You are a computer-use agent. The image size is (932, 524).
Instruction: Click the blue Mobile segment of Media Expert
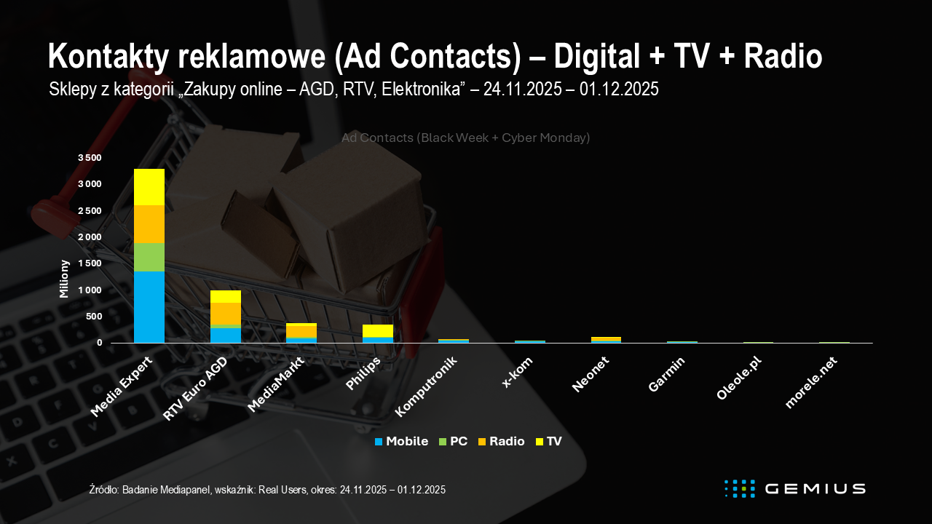click(x=149, y=306)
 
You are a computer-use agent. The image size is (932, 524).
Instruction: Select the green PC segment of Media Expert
click(x=149, y=257)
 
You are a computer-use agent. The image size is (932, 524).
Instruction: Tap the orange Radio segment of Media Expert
click(x=149, y=224)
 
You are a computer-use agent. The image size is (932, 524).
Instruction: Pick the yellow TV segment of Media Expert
click(x=149, y=187)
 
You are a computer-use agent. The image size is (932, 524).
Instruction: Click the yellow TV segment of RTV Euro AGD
click(x=226, y=296)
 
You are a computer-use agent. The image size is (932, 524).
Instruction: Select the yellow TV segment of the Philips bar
click(x=378, y=330)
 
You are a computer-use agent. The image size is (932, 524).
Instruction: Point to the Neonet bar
click(x=606, y=339)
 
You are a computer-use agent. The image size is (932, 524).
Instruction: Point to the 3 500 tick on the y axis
click(x=90, y=157)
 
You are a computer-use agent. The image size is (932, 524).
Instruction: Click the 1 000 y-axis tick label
click(x=90, y=290)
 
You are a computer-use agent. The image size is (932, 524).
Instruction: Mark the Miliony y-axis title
click(x=64, y=279)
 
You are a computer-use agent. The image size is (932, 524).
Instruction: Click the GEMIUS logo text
click(x=815, y=488)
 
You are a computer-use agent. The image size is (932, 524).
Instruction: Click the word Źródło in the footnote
click(x=102, y=490)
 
